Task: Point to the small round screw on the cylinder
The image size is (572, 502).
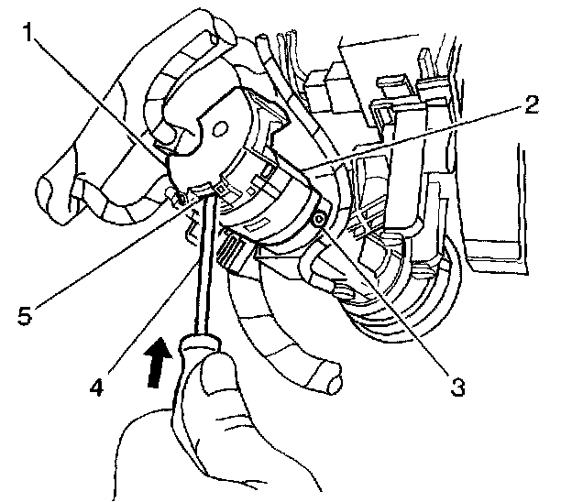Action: (317, 219)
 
